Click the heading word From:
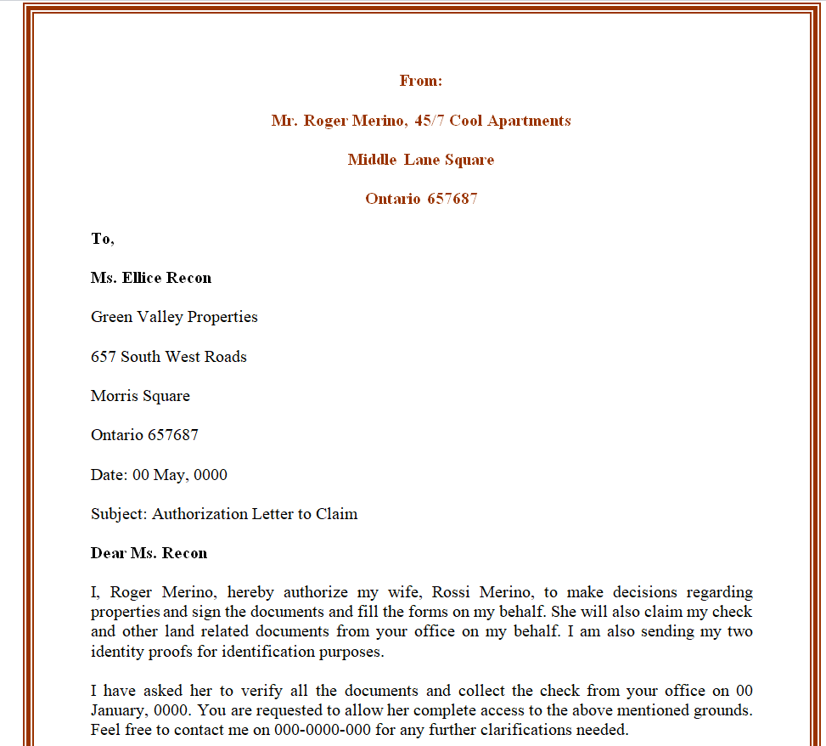421,81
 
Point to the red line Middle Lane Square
421,160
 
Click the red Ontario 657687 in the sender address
421,199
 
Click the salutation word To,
103,239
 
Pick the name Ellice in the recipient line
143,278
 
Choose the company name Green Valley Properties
174,317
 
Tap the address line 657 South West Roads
169,357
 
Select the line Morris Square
140,396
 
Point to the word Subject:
119,514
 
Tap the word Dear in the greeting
108,553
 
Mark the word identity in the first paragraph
117,653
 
